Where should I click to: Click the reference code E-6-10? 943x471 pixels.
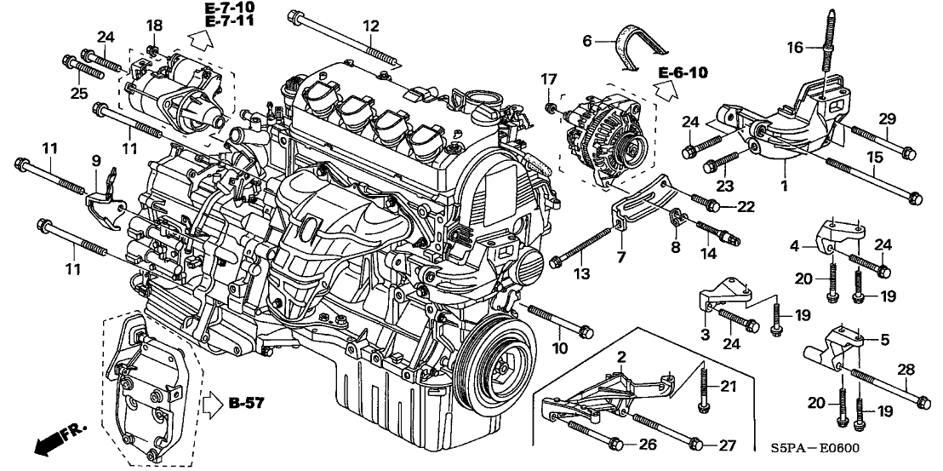(683, 72)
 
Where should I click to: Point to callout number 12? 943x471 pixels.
(369, 26)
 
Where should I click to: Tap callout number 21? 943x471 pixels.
(728, 387)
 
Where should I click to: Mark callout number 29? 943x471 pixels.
(886, 117)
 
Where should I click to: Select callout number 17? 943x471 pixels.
(548, 81)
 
